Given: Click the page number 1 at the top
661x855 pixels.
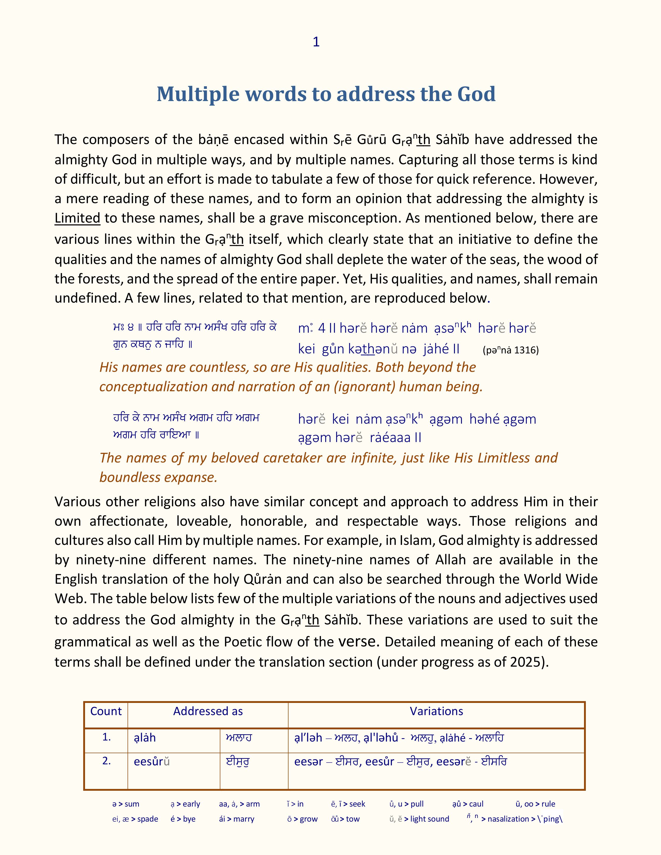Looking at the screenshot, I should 317,42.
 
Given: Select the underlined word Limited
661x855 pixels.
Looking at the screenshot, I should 77,218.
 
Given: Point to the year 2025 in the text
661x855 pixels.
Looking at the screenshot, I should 525,662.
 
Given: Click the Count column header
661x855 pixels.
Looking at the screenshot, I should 106,711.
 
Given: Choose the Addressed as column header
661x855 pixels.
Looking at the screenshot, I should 208,711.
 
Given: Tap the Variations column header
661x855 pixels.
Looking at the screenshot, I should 436,711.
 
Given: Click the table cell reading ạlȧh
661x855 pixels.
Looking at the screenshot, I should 145,738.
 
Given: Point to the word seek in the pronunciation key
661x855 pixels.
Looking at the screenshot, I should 357,804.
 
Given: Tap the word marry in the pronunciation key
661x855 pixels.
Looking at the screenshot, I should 244,819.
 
